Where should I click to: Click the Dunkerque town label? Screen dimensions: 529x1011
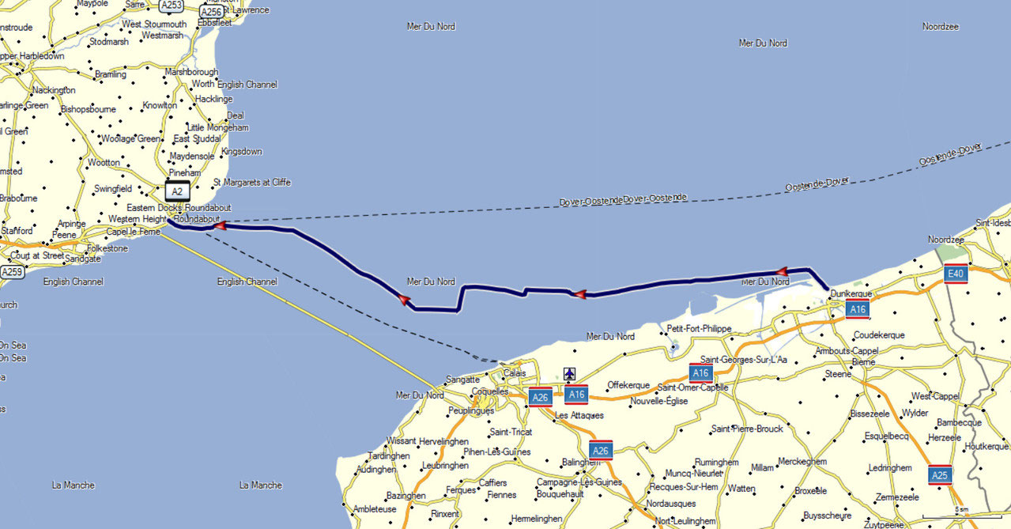coord(851,293)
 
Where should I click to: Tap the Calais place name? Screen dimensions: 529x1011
coord(515,373)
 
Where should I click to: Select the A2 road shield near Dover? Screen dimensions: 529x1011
coord(177,191)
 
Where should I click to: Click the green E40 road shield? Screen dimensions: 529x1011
coord(956,274)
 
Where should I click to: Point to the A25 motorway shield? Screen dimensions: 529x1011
coord(940,474)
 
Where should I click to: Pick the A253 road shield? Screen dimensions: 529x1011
coord(171,6)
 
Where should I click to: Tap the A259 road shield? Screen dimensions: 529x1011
coord(11,272)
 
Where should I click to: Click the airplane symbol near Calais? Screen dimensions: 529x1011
coord(569,373)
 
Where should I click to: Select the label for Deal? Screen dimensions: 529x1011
coord(235,115)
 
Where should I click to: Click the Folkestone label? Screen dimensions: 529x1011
coord(108,248)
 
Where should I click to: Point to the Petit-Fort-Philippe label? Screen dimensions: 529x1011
coord(700,328)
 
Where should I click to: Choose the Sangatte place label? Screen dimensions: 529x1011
coord(462,380)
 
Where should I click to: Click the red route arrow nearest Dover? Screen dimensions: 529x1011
coord(219,226)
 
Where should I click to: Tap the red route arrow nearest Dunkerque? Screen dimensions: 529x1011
coord(782,271)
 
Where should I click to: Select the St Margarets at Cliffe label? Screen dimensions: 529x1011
coord(252,183)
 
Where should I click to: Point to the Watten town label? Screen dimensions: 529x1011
coord(741,489)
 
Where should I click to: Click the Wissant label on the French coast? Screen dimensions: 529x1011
coord(401,441)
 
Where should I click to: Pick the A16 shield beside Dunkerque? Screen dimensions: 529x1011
coord(857,309)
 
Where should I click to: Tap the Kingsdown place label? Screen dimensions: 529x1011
coord(241,150)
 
